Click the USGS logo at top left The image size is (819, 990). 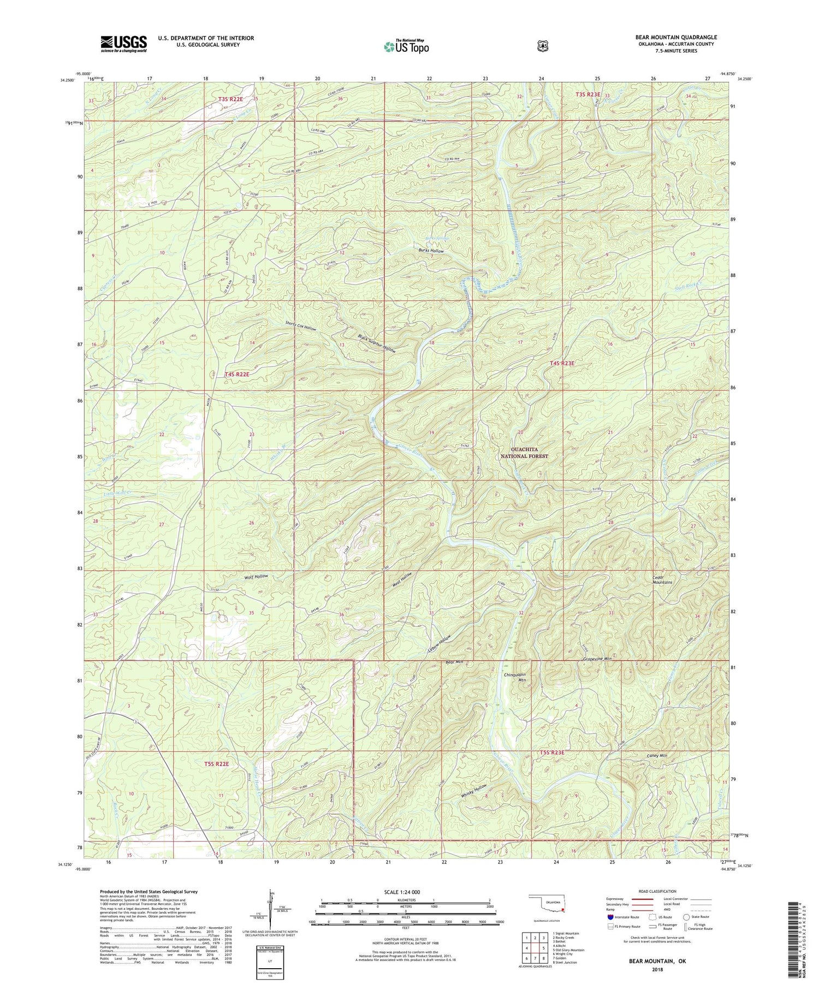123,44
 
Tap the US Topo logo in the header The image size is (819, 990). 406,46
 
